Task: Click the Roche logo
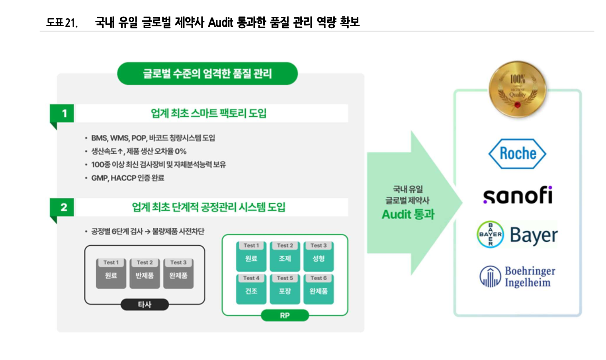pyautogui.click(x=517, y=154)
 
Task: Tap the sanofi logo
pyautogui.click(x=518, y=195)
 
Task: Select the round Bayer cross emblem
pyautogui.click(x=490, y=235)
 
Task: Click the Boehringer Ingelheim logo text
pyautogui.click(x=530, y=277)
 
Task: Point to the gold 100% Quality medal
pyautogui.click(x=517, y=89)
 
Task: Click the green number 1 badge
pyautogui.click(x=62, y=114)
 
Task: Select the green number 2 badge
pyautogui.click(x=62, y=207)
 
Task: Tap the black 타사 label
pyautogui.click(x=145, y=305)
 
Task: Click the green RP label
pyautogui.click(x=285, y=315)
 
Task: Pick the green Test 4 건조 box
pyautogui.click(x=251, y=289)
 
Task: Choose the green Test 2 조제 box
pyautogui.click(x=285, y=256)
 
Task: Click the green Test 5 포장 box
pyautogui.click(x=285, y=289)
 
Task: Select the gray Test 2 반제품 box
pyautogui.click(x=145, y=273)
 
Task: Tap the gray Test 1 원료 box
pyautogui.click(x=111, y=273)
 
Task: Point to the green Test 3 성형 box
pyautogui.click(x=319, y=256)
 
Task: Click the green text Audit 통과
pyautogui.click(x=408, y=214)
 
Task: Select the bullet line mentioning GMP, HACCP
pyautogui.click(x=127, y=178)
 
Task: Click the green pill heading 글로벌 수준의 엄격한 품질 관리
pyautogui.click(x=207, y=74)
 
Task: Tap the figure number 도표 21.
pyautogui.click(x=62, y=23)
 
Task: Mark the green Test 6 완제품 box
pyautogui.click(x=319, y=289)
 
